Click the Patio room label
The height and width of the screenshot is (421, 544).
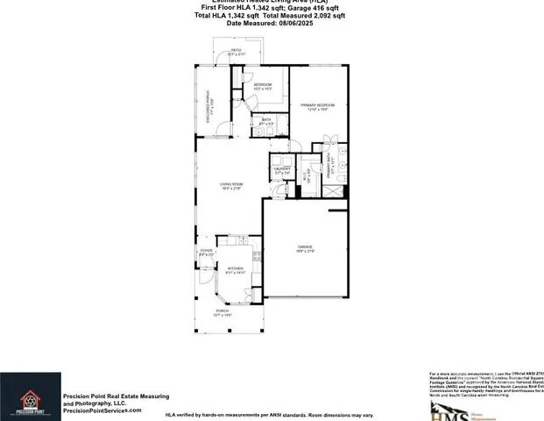click(x=236, y=51)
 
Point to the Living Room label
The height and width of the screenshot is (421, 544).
click(x=231, y=184)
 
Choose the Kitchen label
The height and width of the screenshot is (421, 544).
click(x=235, y=269)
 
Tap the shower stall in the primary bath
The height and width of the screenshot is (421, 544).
click(x=330, y=141)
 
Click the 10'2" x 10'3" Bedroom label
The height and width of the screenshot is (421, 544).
click(x=263, y=86)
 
